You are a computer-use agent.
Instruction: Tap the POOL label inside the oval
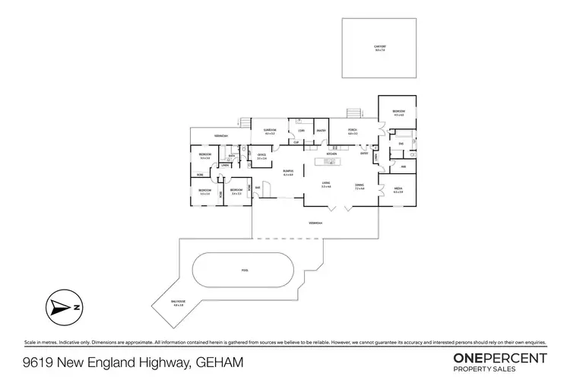[x=245, y=270]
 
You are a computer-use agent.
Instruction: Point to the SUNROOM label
[x=270, y=131]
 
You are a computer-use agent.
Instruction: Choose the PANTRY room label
[x=321, y=131]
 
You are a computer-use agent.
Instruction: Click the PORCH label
[x=353, y=131]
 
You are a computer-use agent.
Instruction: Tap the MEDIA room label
[x=397, y=190]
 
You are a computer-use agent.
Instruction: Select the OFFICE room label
[x=261, y=156]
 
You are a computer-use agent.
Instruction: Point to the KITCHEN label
[x=331, y=154]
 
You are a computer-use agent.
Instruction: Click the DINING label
[x=359, y=186]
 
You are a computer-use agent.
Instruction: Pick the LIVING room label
[x=325, y=184]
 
